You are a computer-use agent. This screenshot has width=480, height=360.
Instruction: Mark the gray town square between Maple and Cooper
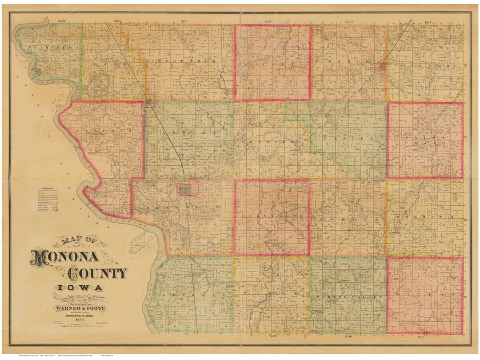[383, 66]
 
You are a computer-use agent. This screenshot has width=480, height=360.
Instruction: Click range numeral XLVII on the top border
[61, 21]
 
